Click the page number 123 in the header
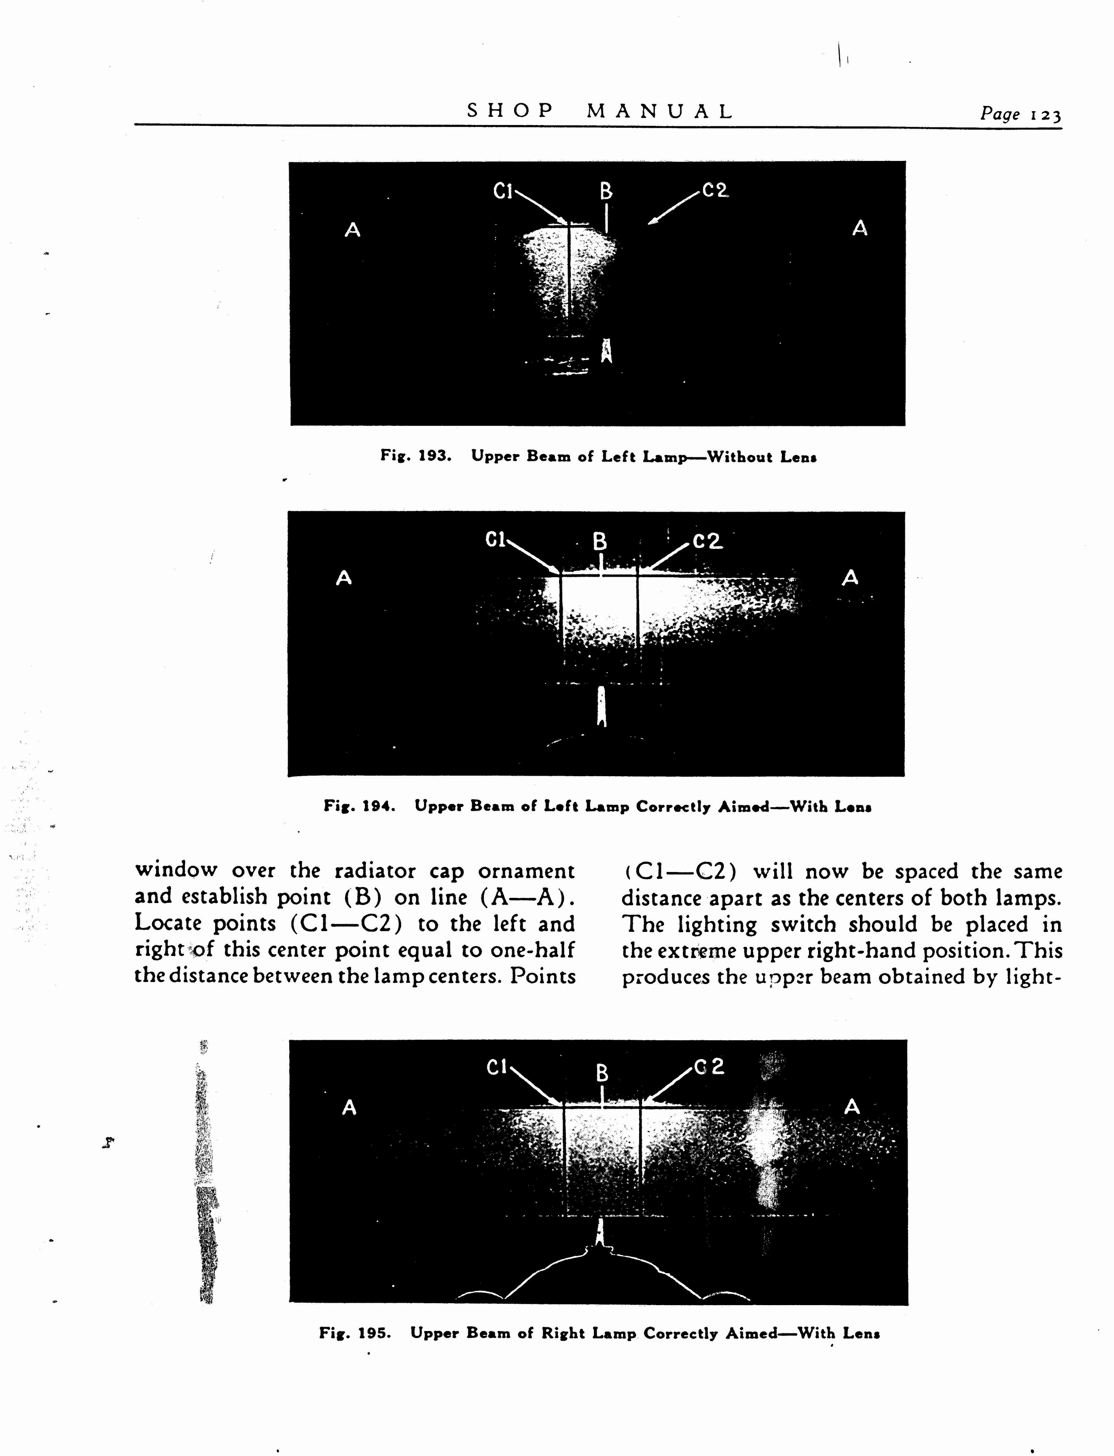[1046, 115]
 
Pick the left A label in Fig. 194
[343, 578]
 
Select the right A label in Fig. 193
[860, 229]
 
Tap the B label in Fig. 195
[602, 1073]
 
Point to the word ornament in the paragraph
[527, 870]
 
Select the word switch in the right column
[803, 924]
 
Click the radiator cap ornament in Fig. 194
[601, 706]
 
